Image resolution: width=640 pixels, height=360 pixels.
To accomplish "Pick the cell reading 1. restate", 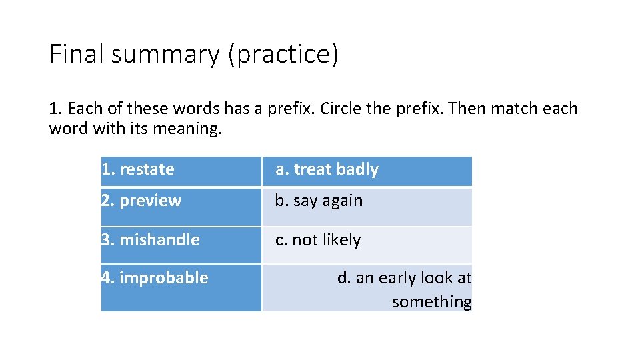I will coord(138,170).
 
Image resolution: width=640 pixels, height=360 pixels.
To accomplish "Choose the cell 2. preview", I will coord(141,201).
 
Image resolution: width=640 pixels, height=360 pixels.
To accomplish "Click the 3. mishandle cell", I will coord(151,240).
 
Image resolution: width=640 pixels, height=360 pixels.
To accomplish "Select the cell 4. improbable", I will coord(155,278).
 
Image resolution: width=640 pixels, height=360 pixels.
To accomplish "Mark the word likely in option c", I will coord(342,241).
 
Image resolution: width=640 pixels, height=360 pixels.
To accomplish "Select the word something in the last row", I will coord(431,302).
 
